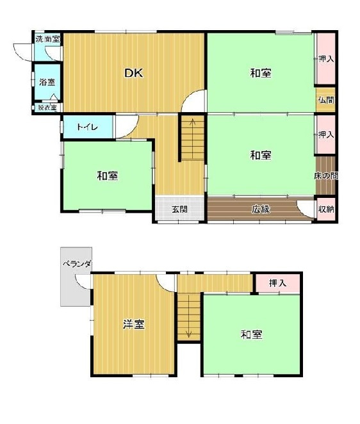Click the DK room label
tap(133, 73)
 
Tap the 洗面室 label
tap(47, 39)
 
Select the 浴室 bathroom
tap(47, 82)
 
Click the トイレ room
tap(87, 127)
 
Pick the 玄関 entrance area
tap(179, 209)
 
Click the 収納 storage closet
tap(326, 209)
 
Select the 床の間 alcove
tap(326, 175)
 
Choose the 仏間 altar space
tap(326, 100)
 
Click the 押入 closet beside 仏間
tap(326, 59)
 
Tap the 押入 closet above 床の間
tap(326, 135)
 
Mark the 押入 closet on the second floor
tap(277, 282)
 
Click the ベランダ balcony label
tap(77, 263)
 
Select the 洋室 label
tap(133, 324)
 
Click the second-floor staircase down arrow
tap(189, 333)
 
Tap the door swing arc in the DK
tap(194, 102)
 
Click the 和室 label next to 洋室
tap(251, 334)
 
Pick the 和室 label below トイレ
tap(107, 175)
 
